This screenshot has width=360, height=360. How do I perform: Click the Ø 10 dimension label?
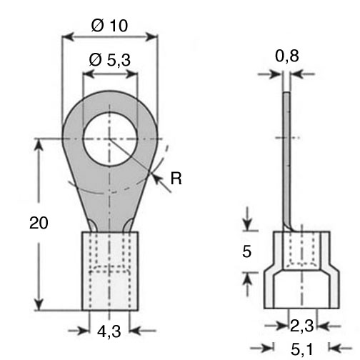[109, 26]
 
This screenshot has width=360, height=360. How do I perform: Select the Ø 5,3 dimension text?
[110, 60]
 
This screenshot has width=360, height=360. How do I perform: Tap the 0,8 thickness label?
[287, 56]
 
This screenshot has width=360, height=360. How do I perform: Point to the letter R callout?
[176, 179]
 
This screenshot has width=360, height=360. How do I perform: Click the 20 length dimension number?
[39, 223]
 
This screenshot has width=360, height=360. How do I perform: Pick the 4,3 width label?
[109, 331]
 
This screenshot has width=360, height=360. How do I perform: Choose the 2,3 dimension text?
[302, 326]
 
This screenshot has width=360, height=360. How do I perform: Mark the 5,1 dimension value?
[302, 349]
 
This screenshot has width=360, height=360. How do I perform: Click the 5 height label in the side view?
[247, 251]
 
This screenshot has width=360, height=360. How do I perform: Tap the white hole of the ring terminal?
[110, 139]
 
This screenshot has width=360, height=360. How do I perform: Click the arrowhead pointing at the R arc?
[156, 178]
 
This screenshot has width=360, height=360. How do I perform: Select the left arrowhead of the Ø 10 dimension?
[67, 36]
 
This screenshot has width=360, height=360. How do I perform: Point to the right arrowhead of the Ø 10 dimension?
[152, 36]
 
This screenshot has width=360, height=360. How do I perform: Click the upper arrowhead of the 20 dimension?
[39, 144]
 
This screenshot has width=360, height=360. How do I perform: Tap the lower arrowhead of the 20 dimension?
[39, 304]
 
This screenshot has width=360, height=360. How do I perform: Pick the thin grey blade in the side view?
[287, 159]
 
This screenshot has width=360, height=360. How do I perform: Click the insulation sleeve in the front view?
[110, 271]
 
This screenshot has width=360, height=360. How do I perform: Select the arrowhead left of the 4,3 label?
[84, 331]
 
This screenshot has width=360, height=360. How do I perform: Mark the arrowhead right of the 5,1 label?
[334, 349]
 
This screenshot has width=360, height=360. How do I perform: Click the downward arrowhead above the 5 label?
[247, 224]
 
